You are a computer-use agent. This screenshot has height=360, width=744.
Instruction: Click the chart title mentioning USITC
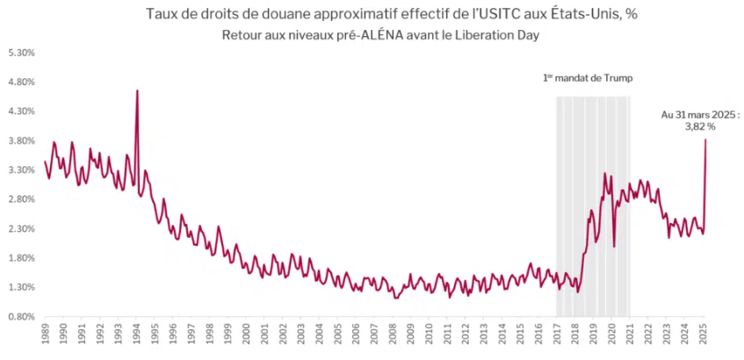[x=379, y=15]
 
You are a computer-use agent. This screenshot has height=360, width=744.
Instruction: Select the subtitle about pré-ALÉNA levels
[x=379, y=34]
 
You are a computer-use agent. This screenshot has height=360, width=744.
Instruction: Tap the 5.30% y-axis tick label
[x=21, y=53]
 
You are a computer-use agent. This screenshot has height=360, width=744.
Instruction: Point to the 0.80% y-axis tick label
[x=21, y=316]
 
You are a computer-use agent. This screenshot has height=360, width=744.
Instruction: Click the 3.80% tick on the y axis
[x=21, y=140]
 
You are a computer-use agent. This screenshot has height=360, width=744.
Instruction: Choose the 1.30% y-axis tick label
[x=21, y=287]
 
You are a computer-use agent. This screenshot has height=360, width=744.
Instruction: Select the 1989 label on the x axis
[x=44, y=336]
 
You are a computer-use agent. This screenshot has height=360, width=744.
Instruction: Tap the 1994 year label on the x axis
[x=135, y=336]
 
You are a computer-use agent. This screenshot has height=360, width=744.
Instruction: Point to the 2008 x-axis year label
[x=394, y=336]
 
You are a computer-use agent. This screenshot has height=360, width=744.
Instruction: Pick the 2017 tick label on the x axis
[x=558, y=336]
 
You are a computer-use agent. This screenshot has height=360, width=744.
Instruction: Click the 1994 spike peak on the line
[x=137, y=90]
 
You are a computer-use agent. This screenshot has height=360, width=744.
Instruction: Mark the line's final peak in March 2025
[x=705, y=140]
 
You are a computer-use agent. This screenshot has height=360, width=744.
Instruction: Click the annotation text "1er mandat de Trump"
[x=588, y=78]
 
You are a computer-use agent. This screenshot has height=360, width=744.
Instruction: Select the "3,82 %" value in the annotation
[x=700, y=126]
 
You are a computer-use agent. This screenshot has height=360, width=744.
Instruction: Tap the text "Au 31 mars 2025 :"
[x=700, y=114]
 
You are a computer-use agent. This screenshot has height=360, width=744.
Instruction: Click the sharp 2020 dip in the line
[x=614, y=247]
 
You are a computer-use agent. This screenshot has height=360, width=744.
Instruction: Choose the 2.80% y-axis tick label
[x=21, y=199]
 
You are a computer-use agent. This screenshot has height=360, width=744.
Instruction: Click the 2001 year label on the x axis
[x=264, y=336]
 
